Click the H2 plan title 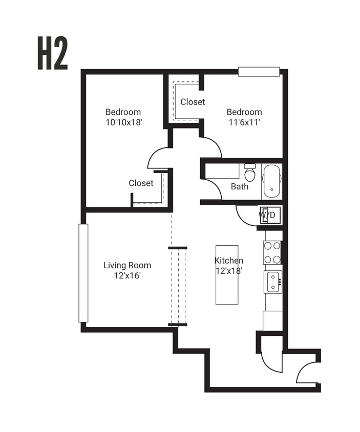pyautogui.click(x=53, y=53)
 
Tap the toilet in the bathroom pyautogui.click(x=249, y=171)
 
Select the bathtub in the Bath pyautogui.click(x=271, y=182)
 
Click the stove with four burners pyautogui.click(x=272, y=252)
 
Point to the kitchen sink pyautogui.click(x=272, y=282)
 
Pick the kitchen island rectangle pyautogui.click(x=227, y=275)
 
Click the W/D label pyautogui.click(x=267, y=215)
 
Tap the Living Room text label pyautogui.click(x=127, y=265)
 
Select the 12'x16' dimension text pyautogui.click(x=127, y=275)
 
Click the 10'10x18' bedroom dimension pyautogui.click(x=123, y=122)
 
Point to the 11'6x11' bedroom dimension pyautogui.click(x=244, y=122)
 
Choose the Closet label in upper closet pyautogui.click(x=193, y=102)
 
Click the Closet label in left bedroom pyautogui.click(x=141, y=183)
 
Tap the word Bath pyautogui.click(x=239, y=186)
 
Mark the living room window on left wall pyautogui.click(x=83, y=273)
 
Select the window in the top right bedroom pyautogui.click(x=259, y=71)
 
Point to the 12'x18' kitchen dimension pyautogui.click(x=228, y=271)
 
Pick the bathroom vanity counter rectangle pyautogui.click(x=222, y=171)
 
